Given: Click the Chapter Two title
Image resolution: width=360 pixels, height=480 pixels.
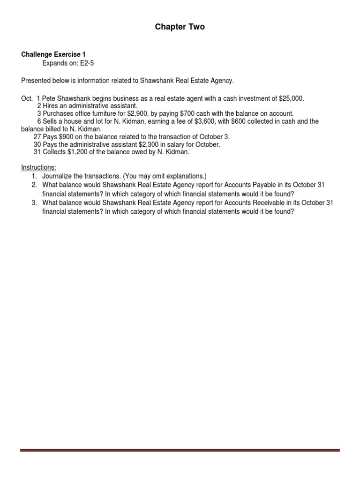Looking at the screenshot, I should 180,27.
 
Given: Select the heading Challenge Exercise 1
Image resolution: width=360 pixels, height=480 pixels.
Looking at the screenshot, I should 53,54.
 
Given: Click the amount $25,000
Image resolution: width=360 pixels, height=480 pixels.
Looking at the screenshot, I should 291,98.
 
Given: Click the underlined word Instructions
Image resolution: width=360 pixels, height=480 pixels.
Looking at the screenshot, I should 38,168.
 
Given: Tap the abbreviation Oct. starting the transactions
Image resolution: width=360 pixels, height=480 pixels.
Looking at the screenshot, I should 27,98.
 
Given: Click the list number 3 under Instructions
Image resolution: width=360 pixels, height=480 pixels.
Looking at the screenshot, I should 34,203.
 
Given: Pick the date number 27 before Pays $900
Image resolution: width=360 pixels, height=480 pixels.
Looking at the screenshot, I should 37,137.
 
